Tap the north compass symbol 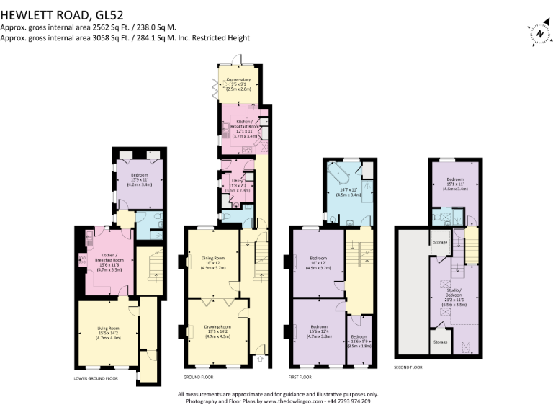[539, 33]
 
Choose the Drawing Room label [212, 330]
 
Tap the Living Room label [109, 331]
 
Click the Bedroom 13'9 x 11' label [139, 180]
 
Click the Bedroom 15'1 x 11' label [455, 182]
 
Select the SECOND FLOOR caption [408, 367]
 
